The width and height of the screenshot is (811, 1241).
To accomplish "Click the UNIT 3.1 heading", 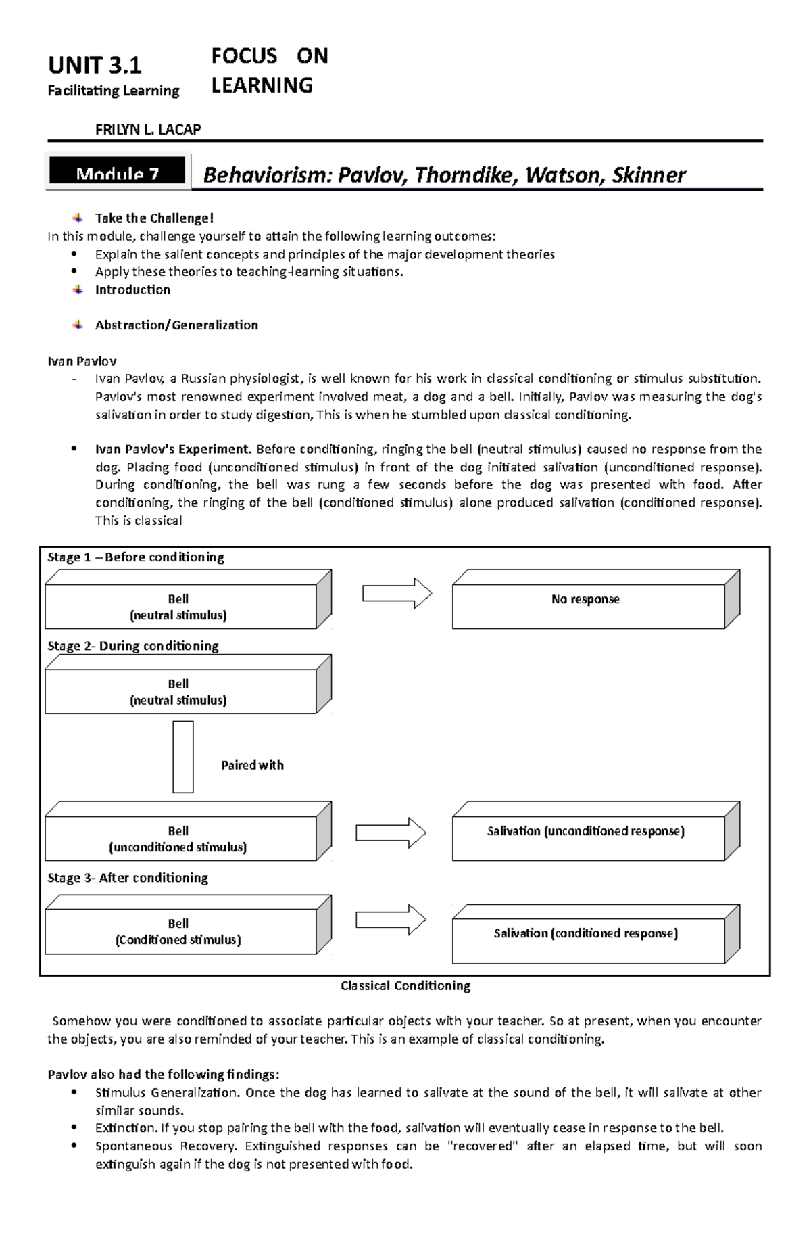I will (95, 66).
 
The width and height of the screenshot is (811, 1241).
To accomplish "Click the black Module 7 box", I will (117, 173).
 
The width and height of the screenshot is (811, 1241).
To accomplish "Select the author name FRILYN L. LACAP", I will (148, 129).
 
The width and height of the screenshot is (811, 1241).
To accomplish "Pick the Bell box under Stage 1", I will (180, 607).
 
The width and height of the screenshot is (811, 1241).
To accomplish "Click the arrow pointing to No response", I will (397, 593).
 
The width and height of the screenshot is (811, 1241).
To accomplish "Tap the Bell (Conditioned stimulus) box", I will (180, 931).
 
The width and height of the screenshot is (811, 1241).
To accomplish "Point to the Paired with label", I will (252, 765).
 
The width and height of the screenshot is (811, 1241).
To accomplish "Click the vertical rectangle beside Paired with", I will (182, 756).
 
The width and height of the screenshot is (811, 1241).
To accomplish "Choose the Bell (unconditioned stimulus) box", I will (180, 839).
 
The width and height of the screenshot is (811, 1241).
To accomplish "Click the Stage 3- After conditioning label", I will (128, 878).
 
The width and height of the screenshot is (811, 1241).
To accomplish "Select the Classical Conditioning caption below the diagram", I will (405, 985).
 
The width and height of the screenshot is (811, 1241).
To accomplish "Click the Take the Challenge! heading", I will (154, 218).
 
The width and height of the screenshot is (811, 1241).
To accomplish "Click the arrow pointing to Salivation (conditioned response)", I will (391, 920).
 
